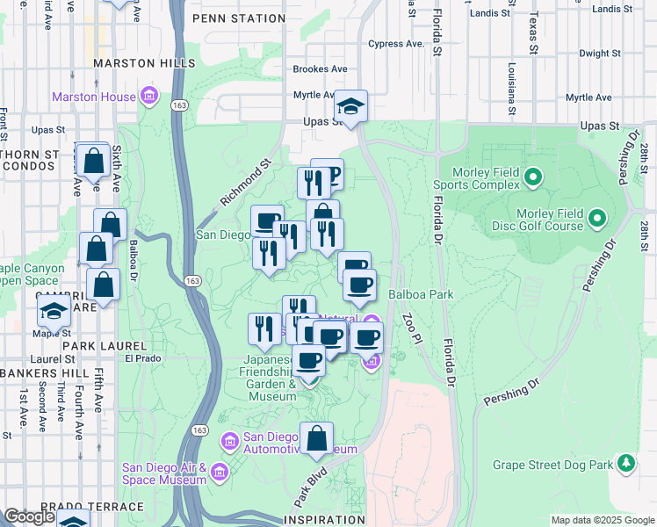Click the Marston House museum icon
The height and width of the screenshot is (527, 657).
[x=148, y=96]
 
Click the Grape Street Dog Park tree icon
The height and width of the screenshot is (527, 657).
[x=625, y=462]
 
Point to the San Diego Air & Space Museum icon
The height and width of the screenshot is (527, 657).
[x=219, y=473]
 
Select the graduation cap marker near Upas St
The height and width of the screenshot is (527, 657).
[x=350, y=107]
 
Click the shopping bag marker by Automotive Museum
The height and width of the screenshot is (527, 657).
[x=317, y=439]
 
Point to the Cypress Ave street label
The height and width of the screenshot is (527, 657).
[x=396, y=43]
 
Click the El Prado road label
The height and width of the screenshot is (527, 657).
[x=140, y=357]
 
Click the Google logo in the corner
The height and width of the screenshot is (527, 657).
[x=29, y=517]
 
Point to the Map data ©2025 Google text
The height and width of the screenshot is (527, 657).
[x=603, y=520]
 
